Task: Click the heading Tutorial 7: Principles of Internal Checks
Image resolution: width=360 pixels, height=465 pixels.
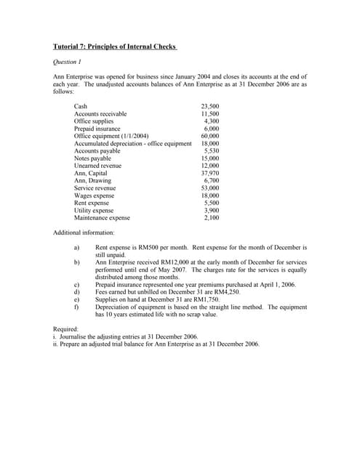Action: pyautogui.click(x=115, y=47)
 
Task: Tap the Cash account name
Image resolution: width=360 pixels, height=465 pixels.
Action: pyautogui.click(x=81, y=107)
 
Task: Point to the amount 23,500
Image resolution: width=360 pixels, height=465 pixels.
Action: pyautogui.click(x=209, y=107)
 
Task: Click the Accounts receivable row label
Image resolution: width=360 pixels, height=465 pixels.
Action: pyautogui.click(x=100, y=114)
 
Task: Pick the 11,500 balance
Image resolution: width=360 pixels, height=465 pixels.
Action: pyautogui.click(x=209, y=114)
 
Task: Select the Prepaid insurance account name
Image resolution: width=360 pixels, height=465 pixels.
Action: pyautogui.click(x=97, y=129)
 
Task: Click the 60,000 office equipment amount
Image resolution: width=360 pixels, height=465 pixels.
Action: pyautogui.click(x=209, y=136)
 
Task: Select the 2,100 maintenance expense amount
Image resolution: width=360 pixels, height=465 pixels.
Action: pyautogui.click(x=211, y=217)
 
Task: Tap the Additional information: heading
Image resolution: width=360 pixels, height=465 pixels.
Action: pyautogui.click(x=84, y=232)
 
